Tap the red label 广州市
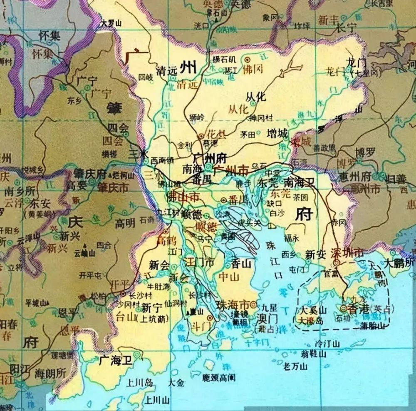[x=230, y=170]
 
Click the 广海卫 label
[x=116, y=361]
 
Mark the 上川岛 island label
[x=141, y=382]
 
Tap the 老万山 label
[x=295, y=367]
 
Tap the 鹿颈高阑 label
[x=219, y=378]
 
